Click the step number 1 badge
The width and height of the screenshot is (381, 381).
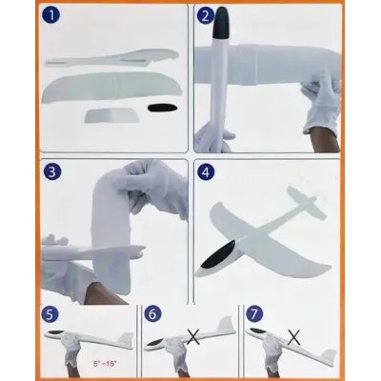[x=50, y=15]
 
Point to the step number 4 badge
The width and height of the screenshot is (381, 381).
[x=206, y=172]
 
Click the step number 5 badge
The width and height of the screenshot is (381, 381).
[x=50, y=314]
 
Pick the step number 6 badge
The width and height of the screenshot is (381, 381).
[x=152, y=314]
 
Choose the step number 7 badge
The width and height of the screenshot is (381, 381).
[x=254, y=314]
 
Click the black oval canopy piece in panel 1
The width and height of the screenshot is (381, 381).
[x=162, y=108]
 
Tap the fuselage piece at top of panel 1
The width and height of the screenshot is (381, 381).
[x=111, y=58]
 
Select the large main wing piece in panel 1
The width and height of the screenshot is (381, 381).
[x=111, y=87]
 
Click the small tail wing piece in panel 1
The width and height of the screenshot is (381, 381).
[x=111, y=115]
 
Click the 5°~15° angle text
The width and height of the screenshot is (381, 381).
[x=106, y=363]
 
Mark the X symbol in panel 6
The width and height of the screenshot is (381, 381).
[x=193, y=336]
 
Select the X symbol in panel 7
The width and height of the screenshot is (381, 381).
[x=294, y=336]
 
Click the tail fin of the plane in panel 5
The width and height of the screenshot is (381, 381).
[x=125, y=340]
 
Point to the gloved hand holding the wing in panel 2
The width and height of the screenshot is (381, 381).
[x=321, y=103]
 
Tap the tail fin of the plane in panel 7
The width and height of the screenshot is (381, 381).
[x=328, y=357]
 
